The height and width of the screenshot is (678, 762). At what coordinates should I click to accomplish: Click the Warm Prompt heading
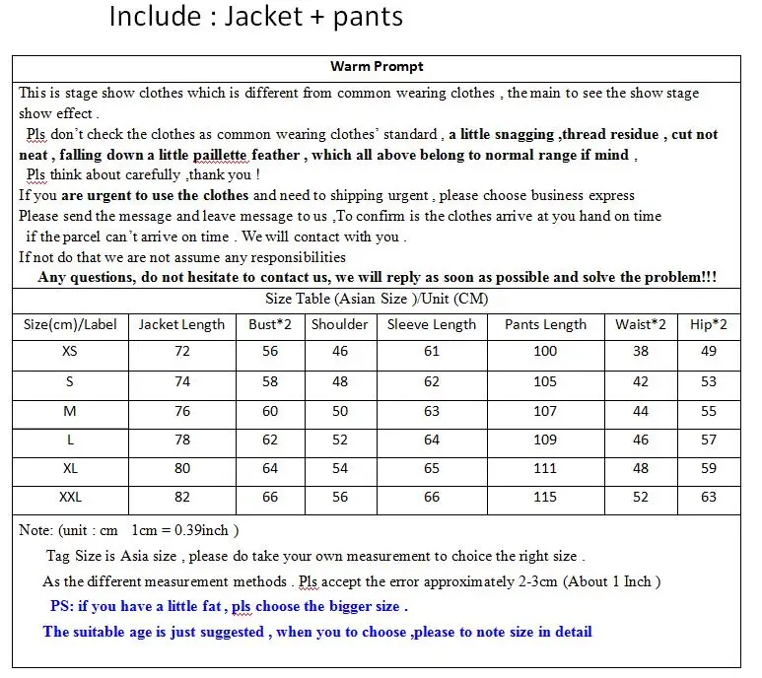click(x=377, y=67)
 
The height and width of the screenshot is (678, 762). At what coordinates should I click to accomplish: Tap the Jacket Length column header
click(x=181, y=324)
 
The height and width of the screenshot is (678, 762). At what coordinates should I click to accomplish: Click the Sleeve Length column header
click(x=431, y=324)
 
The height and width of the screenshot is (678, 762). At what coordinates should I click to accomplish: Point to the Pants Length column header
click(x=545, y=324)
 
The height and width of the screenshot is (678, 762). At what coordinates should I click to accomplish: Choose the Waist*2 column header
click(x=641, y=324)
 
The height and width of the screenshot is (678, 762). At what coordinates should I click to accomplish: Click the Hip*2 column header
click(x=709, y=324)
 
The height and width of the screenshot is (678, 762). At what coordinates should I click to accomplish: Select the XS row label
click(x=70, y=352)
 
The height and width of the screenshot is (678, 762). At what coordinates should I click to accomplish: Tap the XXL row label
click(x=70, y=498)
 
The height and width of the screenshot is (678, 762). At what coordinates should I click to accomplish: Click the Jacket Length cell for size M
click(x=181, y=411)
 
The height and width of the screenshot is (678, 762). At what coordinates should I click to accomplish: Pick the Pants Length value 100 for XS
click(x=545, y=352)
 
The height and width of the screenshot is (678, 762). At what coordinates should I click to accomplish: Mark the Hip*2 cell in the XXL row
click(x=709, y=498)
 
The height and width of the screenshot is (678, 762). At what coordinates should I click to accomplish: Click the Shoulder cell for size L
click(x=340, y=440)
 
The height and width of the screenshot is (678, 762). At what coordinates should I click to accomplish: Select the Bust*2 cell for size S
click(x=270, y=381)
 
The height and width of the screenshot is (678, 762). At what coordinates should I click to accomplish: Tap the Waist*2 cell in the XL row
click(x=641, y=469)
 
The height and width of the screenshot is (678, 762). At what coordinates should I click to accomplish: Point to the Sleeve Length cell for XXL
click(x=431, y=498)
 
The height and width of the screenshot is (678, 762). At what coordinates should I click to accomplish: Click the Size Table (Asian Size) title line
click(x=376, y=299)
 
